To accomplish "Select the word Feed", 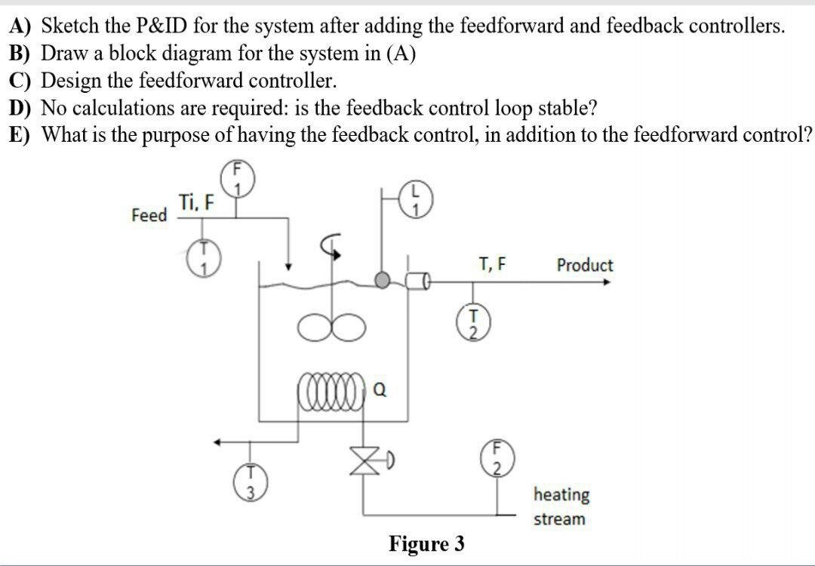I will pos(149,215).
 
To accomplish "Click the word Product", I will pos(584,265).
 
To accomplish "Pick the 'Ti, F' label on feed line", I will pos(196,201).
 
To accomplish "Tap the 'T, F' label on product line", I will pos(492,264).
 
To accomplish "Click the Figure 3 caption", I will pos(426,543).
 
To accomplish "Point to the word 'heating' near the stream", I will pos(561,495).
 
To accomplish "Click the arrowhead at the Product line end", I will pos(607,281).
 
